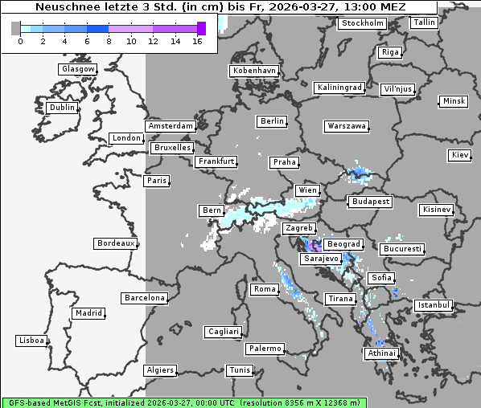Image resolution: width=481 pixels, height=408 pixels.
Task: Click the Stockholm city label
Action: coord(362,23)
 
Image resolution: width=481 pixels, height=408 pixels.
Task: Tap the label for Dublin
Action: coord(62,108)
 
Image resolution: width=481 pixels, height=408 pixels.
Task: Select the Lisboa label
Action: coord(31,341)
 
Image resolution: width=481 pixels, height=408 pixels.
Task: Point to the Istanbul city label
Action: coord(434,305)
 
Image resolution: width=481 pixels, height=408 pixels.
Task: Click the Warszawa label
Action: coord(347,126)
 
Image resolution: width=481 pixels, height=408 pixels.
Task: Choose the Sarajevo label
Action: coord(321,259)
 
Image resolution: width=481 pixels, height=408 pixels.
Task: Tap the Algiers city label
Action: coord(159,370)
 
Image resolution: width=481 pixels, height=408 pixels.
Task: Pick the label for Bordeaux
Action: coord(115,243)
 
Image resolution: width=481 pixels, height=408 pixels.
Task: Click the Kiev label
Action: coord(460,154)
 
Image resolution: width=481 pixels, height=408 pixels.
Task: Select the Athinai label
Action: coord(381,353)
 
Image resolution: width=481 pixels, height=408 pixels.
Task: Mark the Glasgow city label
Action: coord(77,69)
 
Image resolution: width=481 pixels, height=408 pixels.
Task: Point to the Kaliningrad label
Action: coord(339,87)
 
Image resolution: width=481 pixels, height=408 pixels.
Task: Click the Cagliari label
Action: coord(223,331)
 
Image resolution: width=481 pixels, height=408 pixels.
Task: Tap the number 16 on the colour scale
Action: coord(197,41)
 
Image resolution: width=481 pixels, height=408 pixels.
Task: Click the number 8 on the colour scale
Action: coord(108,41)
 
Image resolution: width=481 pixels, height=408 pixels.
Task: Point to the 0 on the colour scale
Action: coord(20,41)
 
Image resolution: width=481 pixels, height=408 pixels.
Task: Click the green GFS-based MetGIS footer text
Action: coord(183,402)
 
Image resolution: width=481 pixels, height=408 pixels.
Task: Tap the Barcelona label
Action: coord(145,298)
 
